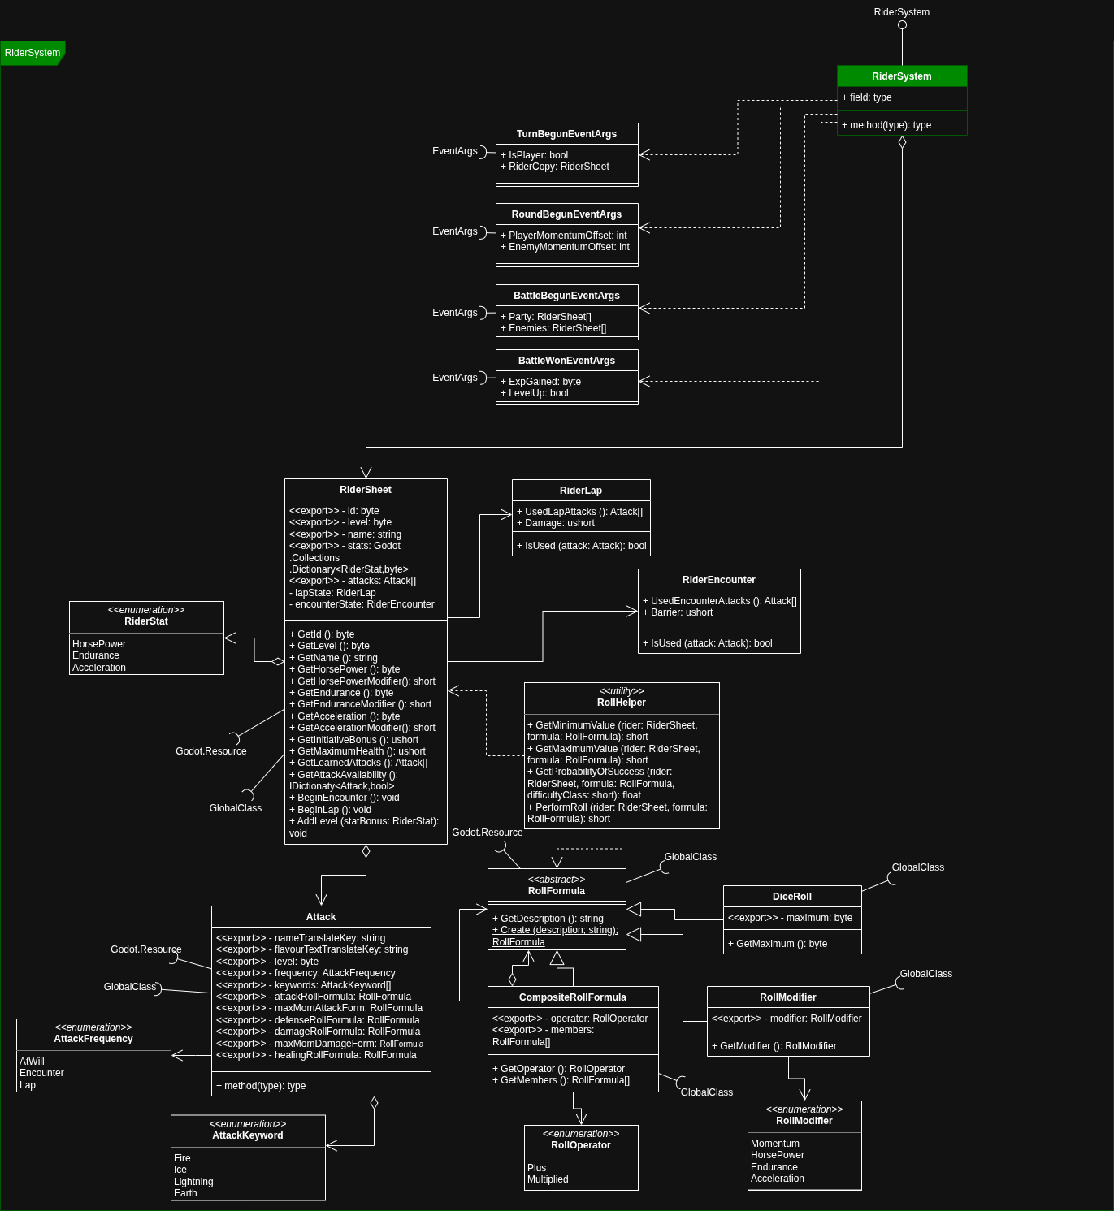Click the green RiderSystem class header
[901, 76]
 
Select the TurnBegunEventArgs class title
[566, 134]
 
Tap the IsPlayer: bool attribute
[537, 155]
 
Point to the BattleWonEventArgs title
[566, 361]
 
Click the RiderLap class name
[580, 491]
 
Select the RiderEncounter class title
[718, 580]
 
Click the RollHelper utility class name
[621, 703]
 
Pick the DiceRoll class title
[791, 897]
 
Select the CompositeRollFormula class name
[572, 997]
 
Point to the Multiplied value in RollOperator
[548, 1179]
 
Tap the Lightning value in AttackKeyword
[193, 1182]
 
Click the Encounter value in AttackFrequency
[41, 1073]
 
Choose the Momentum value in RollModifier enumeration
[774, 1144]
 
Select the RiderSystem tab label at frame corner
[33, 53]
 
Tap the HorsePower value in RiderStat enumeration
[99, 644]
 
